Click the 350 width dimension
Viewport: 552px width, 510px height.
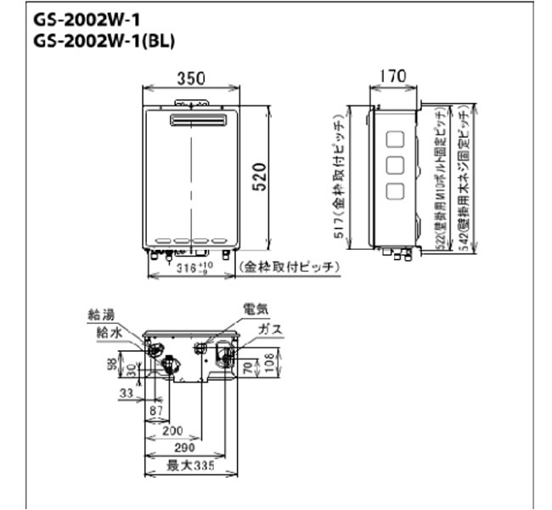tap(189, 78)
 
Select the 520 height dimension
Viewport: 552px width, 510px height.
tap(261, 179)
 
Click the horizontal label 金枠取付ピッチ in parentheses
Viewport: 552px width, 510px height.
tap(289, 267)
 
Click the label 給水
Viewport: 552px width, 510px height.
tap(108, 332)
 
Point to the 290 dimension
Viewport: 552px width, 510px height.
tap(183, 448)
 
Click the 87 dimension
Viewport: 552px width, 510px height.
tap(156, 411)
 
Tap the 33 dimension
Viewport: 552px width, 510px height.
tap(127, 394)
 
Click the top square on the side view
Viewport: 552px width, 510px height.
tap(396, 139)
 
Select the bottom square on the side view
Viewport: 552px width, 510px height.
tap(396, 191)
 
